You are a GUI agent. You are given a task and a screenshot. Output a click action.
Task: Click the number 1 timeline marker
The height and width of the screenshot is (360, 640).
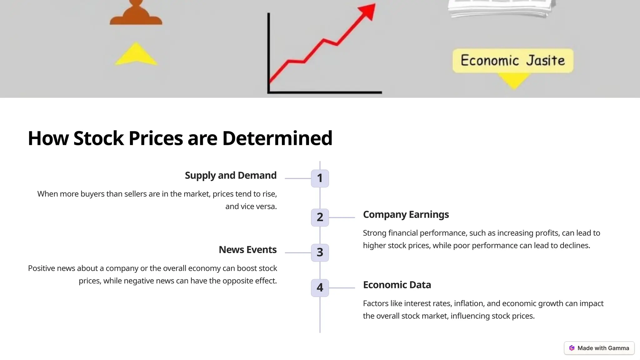[320, 178]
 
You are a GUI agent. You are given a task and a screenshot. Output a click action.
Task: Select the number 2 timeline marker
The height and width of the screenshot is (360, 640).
[320, 217]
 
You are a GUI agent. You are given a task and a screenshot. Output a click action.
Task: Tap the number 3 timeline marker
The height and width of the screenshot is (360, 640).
[320, 252]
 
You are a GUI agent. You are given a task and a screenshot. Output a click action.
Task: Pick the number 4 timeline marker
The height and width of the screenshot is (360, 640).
[320, 288]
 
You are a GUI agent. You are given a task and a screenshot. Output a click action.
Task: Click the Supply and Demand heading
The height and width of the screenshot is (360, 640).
[231, 176]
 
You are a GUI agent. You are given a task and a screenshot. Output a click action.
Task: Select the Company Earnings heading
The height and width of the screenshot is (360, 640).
[406, 215]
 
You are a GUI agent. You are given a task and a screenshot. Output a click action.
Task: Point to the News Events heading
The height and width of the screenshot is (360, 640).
[247, 250]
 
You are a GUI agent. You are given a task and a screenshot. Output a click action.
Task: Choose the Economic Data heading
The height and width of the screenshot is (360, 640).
[397, 285]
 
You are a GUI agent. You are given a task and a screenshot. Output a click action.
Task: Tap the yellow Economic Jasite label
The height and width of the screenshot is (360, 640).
[513, 61]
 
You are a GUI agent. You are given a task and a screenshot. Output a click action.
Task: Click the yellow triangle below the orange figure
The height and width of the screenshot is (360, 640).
[136, 54]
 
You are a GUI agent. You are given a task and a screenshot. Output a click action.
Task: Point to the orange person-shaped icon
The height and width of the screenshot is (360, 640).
[136, 14]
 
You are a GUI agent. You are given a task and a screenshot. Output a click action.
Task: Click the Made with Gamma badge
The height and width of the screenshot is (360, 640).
[599, 348]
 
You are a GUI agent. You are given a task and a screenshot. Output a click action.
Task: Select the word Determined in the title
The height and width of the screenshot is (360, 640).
[277, 138]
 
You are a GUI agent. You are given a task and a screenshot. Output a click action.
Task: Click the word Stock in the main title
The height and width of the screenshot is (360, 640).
[98, 138]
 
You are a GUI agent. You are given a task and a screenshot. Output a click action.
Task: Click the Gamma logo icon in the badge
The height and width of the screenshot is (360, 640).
[572, 348]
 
